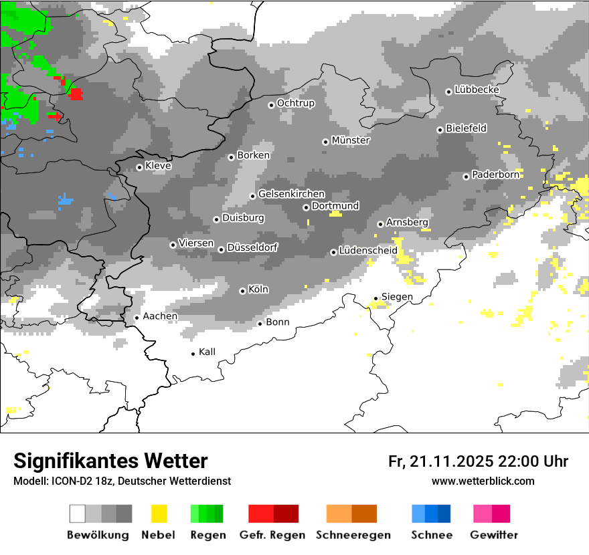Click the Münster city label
[350, 140]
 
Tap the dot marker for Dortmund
[306, 207]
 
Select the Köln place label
[258, 290]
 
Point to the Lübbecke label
[477, 90]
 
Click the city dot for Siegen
[376, 298]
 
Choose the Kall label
[207, 352]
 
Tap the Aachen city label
[160, 316]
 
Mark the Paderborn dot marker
[466, 177]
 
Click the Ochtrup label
[295, 103]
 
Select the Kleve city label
[158, 166]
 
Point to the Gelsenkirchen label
[291, 194]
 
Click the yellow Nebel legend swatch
[159, 514]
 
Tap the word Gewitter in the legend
[494, 535]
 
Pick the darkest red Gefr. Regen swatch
[286, 514]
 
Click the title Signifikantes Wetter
[110, 461]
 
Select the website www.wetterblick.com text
[483, 481]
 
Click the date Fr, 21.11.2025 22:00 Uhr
[478, 461]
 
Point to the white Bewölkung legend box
[78, 514]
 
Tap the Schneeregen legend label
[353, 535]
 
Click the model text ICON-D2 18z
[76, 481]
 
